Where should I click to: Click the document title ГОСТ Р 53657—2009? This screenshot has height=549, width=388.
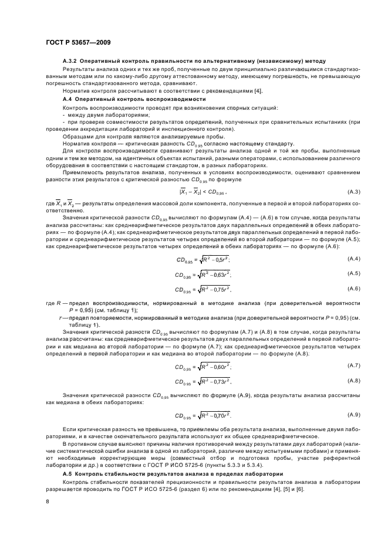[x=77, y=42]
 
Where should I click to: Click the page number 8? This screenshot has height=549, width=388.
[x=48, y=501]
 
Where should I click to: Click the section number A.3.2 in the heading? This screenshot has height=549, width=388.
[x=70, y=62]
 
